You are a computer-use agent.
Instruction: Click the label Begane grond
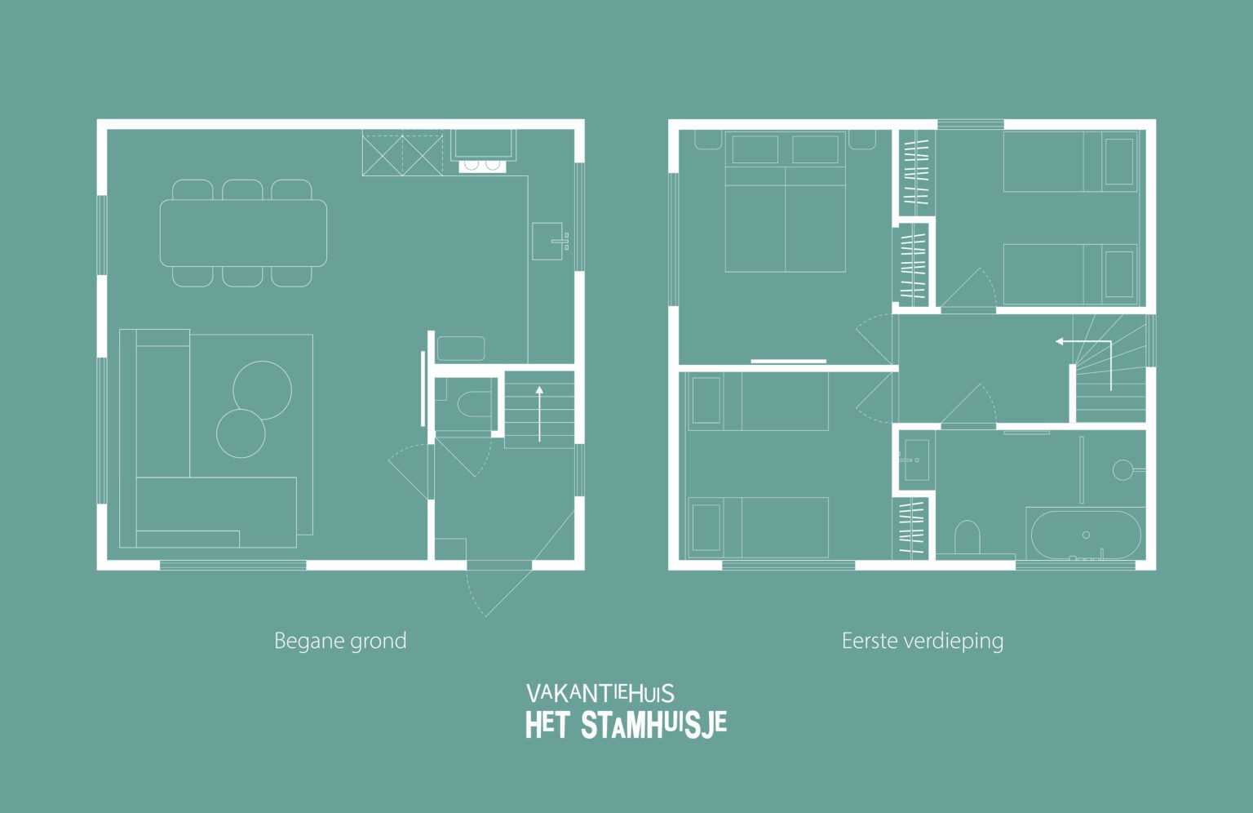[340, 641]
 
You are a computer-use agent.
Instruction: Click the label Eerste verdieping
[922, 641]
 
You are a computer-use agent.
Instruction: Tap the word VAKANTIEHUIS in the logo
[600, 694]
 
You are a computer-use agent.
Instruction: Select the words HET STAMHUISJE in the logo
[626, 725]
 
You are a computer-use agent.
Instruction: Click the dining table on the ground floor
[243, 233]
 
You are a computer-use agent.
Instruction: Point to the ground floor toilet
[472, 403]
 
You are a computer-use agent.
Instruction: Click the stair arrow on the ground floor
[539, 413]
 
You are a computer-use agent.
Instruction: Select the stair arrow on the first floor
[1085, 351]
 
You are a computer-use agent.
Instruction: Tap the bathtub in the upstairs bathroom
[1085, 535]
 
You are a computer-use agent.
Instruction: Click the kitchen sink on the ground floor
[547, 241]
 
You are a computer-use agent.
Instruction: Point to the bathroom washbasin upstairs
[916, 459]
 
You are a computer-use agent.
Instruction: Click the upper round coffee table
[262, 389]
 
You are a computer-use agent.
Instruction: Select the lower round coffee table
[241, 433]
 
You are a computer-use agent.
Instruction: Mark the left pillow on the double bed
[755, 150]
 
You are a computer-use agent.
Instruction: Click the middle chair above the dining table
[242, 189]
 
